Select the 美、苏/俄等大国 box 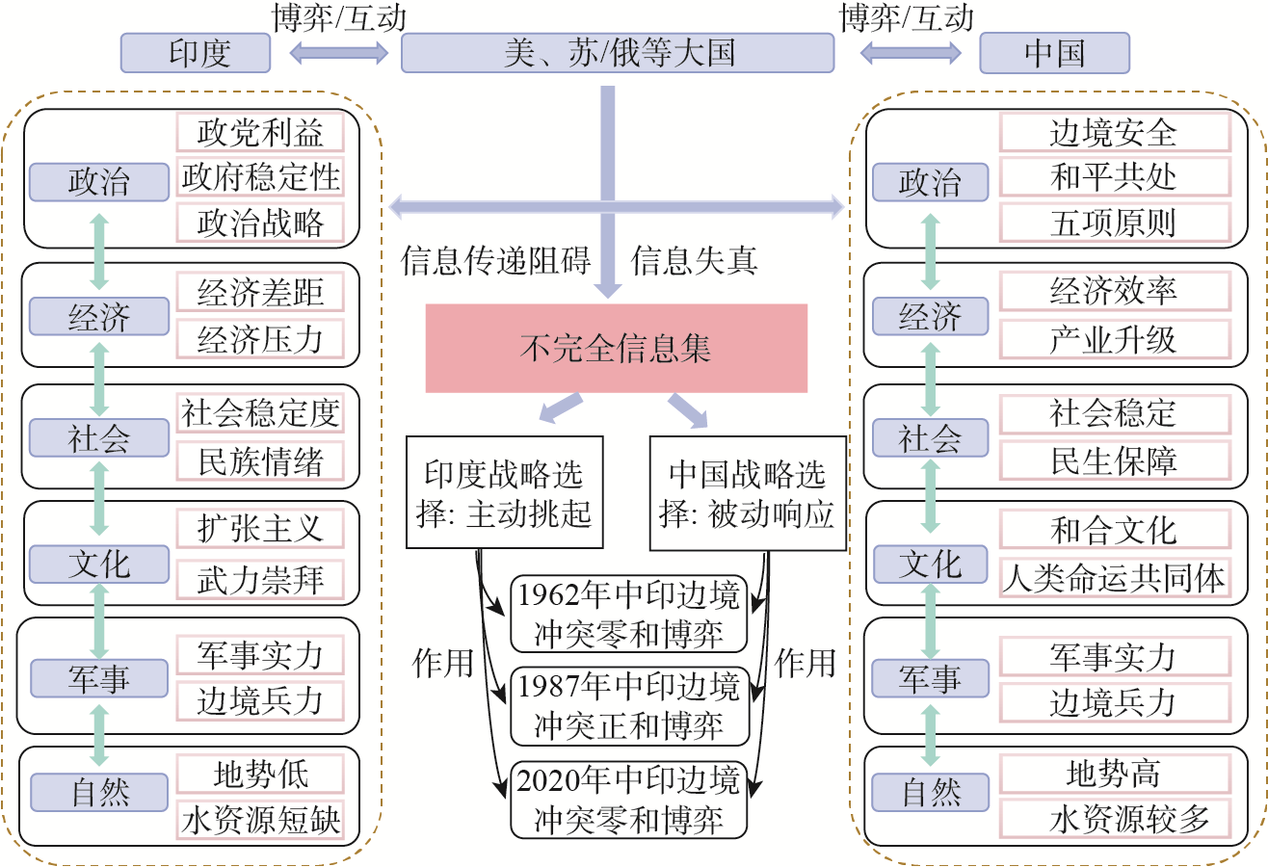click(618, 52)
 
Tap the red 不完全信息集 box click(617, 348)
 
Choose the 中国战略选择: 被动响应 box click(748, 493)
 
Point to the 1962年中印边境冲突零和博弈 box click(629, 615)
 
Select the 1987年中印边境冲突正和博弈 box click(629, 706)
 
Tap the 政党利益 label click(260, 131)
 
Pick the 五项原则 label click(1114, 223)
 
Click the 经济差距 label click(260, 291)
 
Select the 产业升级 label click(1114, 339)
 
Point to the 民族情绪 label click(260, 460)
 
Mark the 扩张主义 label click(260, 528)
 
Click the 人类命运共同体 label click(1114, 578)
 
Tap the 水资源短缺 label click(260, 821)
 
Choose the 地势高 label click(1114, 774)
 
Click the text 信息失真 click(694, 260)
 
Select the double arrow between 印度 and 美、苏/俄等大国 click(338, 54)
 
